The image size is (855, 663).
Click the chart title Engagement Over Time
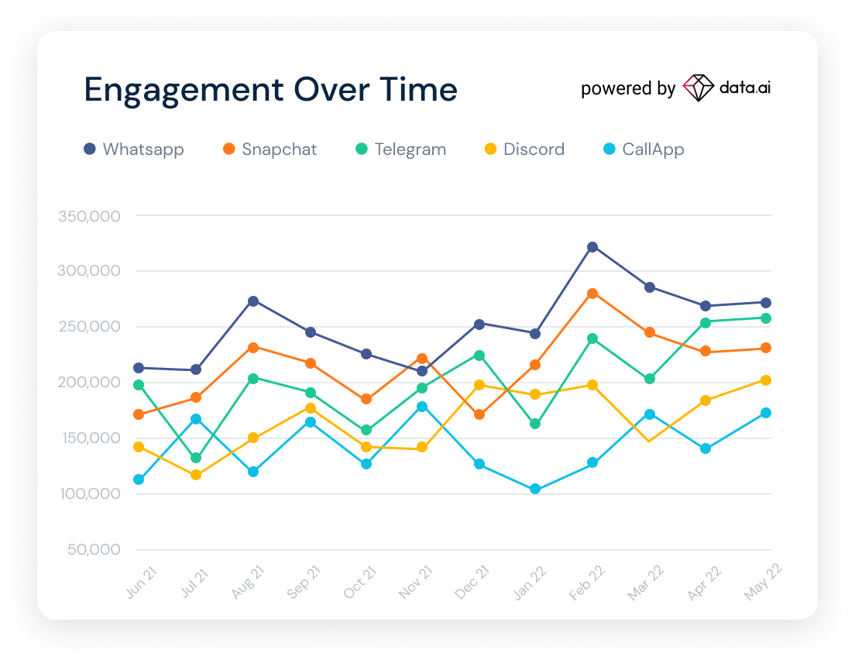[270, 90]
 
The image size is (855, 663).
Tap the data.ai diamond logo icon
[699, 88]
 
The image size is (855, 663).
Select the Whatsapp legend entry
[134, 149]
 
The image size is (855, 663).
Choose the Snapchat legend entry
[270, 149]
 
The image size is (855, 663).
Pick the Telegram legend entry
[401, 149]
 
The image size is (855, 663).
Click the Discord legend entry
[524, 149]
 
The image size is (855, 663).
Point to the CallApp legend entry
[643, 149]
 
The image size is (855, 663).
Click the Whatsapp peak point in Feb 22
[592, 247]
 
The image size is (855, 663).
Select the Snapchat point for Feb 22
[592, 294]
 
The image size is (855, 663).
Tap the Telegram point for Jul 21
[196, 458]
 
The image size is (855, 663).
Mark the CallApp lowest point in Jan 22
[535, 490]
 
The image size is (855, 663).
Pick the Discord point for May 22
[765, 380]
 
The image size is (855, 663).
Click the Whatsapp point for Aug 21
[253, 301]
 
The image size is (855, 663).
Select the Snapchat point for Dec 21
[479, 414]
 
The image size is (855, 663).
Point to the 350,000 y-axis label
[89, 216]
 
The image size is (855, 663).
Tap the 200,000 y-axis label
[89, 383]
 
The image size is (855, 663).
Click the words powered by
[628, 89]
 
